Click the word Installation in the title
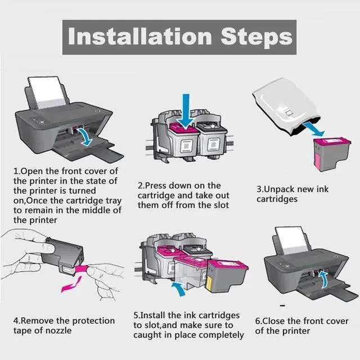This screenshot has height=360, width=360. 139,36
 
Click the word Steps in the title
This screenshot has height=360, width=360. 256,38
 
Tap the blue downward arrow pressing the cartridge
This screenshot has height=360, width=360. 186,111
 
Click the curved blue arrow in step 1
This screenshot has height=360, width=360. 85,137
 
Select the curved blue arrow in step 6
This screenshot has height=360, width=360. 323,279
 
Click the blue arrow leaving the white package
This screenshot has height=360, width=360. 314,129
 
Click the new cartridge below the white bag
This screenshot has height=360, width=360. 332,154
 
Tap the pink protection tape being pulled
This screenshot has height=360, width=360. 82,268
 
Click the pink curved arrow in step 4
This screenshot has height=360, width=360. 71,285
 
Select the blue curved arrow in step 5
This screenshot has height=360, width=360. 179,289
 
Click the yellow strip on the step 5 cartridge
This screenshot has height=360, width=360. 209,283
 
